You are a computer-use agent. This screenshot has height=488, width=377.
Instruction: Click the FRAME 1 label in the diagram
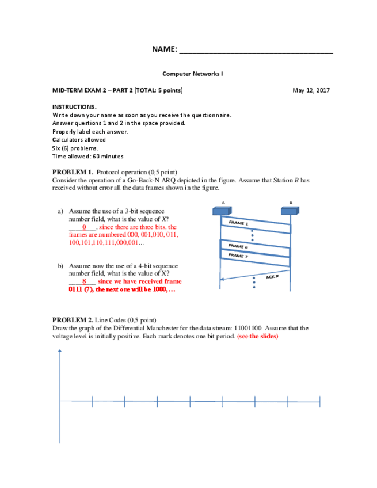click(238, 223)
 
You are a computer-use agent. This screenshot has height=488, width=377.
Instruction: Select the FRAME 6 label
click(238, 246)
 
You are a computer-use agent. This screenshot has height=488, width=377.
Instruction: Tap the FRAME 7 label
click(238, 254)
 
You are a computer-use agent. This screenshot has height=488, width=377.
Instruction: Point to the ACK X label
click(272, 277)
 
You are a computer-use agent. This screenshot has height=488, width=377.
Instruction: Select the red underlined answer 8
click(84, 281)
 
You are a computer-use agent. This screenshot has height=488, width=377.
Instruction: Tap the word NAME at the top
click(165, 49)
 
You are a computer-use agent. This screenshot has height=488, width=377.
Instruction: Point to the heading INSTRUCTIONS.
click(74, 107)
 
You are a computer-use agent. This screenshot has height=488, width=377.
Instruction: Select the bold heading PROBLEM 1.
click(73, 172)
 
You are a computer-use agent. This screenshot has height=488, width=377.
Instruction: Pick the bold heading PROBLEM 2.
click(73, 319)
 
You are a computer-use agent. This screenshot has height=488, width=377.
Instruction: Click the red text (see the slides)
click(257, 336)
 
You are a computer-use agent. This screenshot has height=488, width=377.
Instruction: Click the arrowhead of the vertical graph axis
click(60, 352)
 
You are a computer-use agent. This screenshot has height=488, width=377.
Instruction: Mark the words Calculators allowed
click(79, 139)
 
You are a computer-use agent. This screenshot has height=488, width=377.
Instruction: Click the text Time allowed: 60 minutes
click(87, 156)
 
